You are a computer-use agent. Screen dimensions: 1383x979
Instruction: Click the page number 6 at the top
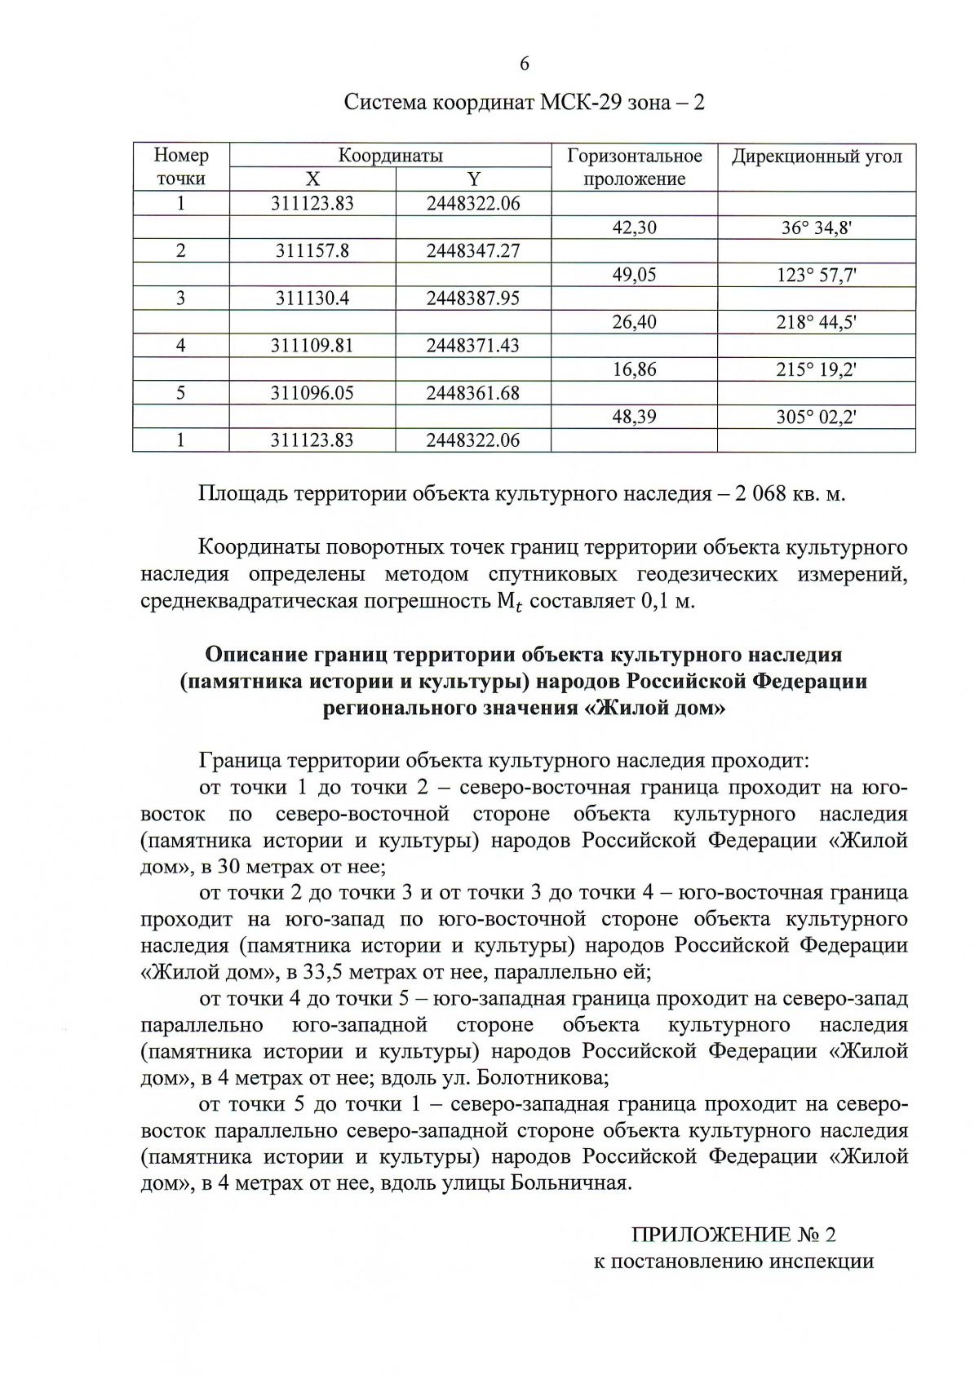click(x=524, y=64)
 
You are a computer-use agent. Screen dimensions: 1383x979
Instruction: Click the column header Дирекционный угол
click(x=816, y=157)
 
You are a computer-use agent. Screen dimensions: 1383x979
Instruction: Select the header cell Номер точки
click(x=181, y=167)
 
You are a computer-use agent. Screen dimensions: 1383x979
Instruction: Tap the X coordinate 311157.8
click(x=312, y=250)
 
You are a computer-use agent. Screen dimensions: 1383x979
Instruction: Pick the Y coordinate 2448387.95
click(x=473, y=298)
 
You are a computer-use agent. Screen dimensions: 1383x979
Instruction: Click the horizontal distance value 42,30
click(x=634, y=228)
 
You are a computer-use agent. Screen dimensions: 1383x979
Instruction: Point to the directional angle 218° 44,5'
click(x=816, y=322)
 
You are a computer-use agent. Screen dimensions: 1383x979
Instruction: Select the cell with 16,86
click(x=634, y=369)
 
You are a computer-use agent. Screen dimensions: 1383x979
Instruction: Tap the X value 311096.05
click(x=312, y=393)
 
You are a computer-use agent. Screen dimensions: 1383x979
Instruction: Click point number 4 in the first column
click(x=181, y=346)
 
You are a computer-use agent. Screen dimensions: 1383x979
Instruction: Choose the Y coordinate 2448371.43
click(x=473, y=346)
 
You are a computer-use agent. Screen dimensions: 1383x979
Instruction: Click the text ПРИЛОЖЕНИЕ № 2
click(x=733, y=1235)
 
